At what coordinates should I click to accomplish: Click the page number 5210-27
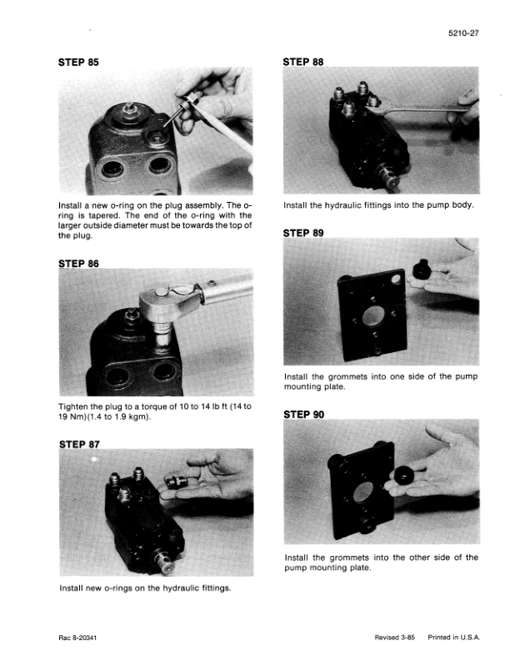463,33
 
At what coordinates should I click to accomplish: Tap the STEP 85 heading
78,62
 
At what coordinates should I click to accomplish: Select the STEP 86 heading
78,264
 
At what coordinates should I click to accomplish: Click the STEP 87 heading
79,444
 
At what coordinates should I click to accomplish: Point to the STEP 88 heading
303,62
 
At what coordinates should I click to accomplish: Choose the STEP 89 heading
303,233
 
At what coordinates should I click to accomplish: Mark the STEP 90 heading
304,415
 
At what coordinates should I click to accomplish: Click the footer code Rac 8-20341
77,638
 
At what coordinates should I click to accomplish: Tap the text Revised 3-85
394,638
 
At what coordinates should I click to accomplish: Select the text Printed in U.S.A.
453,638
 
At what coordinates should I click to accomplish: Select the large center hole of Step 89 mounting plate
372,315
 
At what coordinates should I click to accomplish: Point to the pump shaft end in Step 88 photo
388,177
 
